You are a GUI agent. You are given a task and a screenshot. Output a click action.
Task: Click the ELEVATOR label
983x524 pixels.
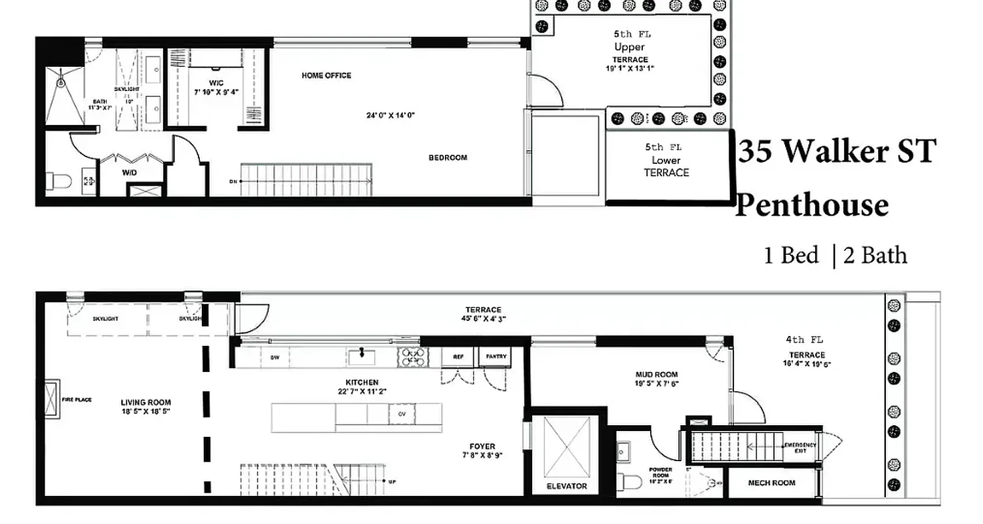click(x=567, y=486)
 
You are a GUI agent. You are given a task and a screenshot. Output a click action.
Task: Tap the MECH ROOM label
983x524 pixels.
click(x=771, y=483)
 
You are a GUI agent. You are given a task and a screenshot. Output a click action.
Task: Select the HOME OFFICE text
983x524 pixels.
click(x=326, y=75)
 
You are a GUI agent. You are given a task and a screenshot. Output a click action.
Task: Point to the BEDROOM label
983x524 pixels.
click(x=448, y=158)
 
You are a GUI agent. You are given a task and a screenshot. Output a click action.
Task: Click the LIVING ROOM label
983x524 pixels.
click(x=145, y=403)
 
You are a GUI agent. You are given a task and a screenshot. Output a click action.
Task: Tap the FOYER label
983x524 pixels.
click(x=482, y=447)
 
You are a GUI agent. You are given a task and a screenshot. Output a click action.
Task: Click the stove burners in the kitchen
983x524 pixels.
click(x=414, y=357)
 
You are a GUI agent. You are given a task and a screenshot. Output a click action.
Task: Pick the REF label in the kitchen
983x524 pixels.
click(x=457, y=357)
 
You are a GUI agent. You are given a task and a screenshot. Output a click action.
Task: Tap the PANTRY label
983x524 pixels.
click(x=496, y=357)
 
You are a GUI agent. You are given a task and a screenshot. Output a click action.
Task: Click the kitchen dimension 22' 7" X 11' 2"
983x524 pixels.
click(x=362, y=392)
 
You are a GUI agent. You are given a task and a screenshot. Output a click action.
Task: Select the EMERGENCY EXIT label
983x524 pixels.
click(x=800, y=448)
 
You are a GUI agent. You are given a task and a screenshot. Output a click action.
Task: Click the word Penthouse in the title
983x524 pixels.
click(x=812, y=205)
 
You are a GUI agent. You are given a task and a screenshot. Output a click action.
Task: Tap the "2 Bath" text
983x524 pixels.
click(x=875, y=255)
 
